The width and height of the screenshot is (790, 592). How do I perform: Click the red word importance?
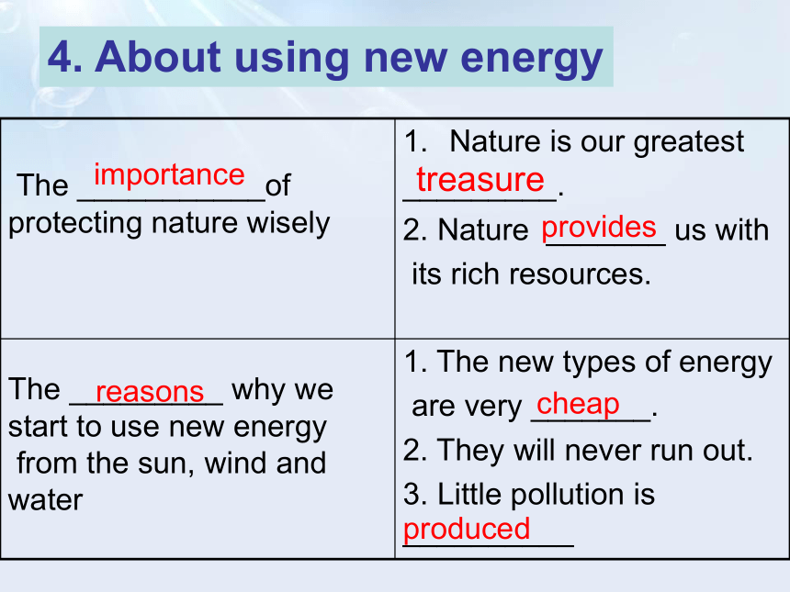click(x=169, y=175)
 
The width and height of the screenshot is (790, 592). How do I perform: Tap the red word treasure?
click(x=480, y=180)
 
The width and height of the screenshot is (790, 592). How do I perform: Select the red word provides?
click(x=599, y=228)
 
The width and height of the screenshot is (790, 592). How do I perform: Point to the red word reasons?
click(x=150, y=392)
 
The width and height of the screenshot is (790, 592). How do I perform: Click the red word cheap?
click(x=578, y=404)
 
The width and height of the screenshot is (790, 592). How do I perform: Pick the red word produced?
click(x=467, y=530)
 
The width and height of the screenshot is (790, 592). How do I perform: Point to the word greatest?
click(x=688, y=142)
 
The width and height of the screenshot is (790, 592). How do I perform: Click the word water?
click(x=45, y=501)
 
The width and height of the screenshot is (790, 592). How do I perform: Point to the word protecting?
click(x=75, y=224)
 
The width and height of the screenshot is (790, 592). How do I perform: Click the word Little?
click(x=469, y=494)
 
